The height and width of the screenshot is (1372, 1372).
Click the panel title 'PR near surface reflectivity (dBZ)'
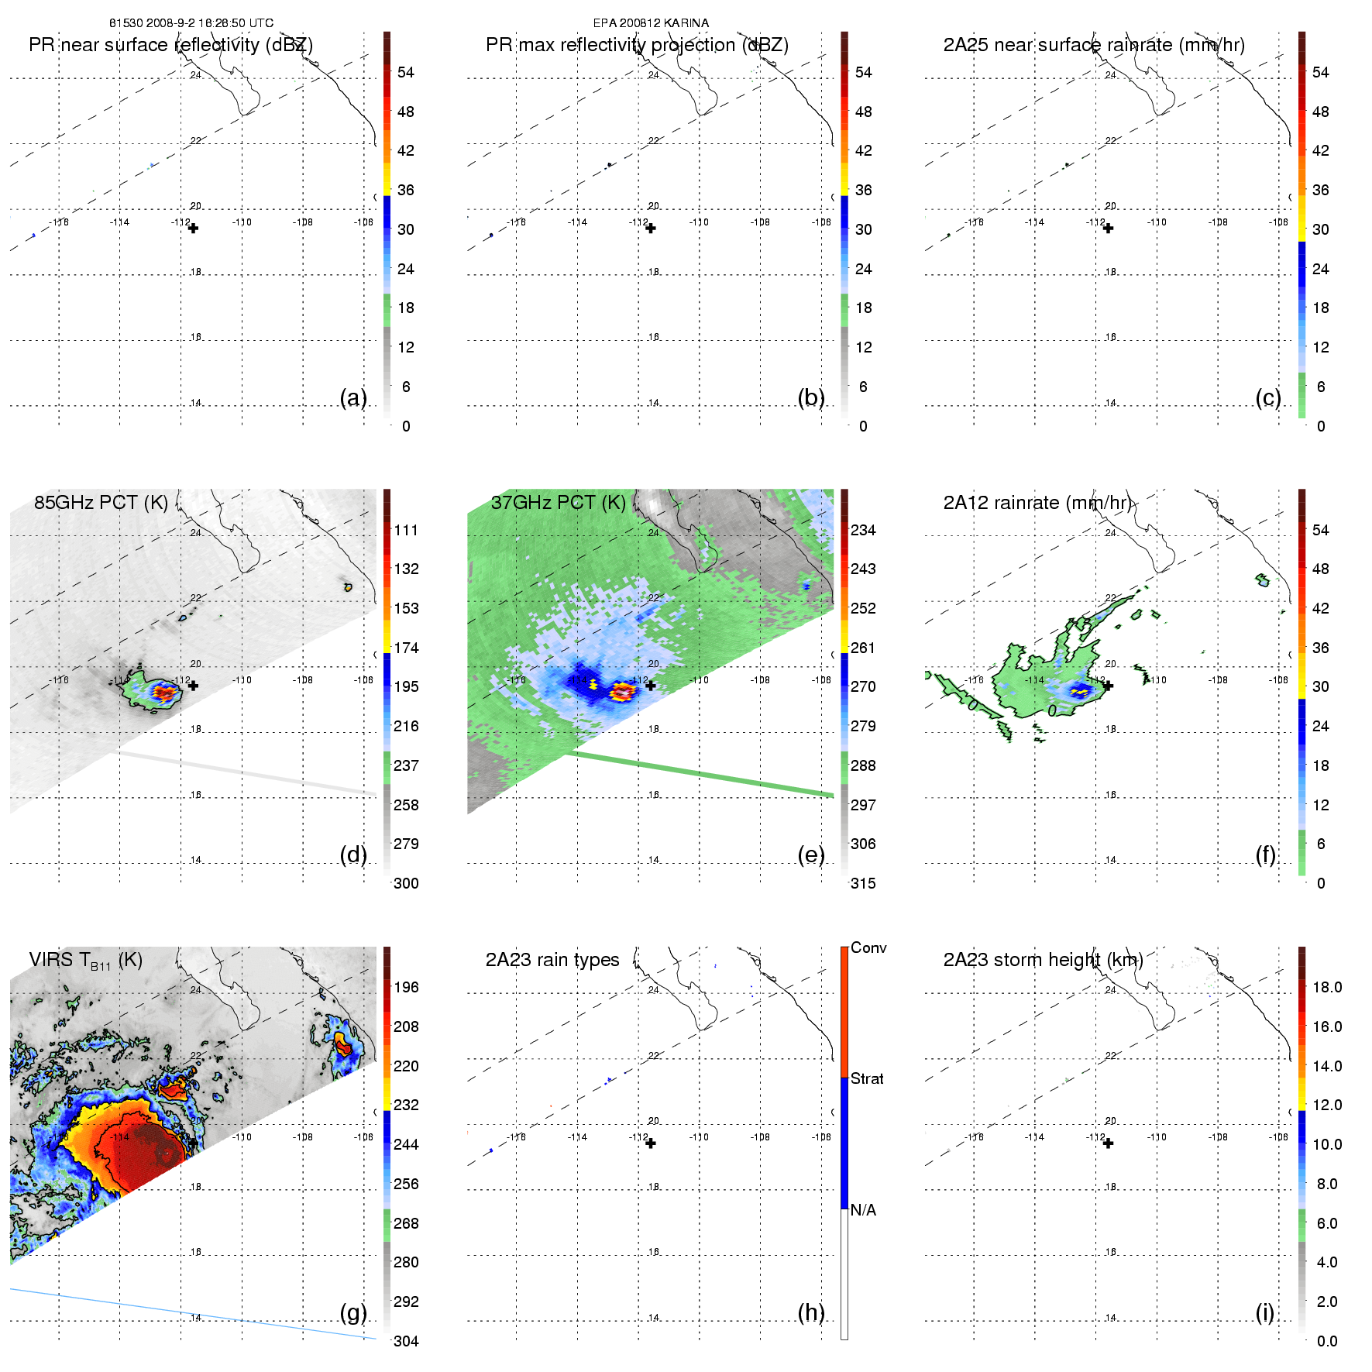click(170, 45)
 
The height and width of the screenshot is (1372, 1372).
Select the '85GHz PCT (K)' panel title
click(101, 502)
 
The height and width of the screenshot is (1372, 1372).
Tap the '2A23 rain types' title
click(552, 960)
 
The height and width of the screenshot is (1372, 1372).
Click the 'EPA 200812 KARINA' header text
click(651, 23)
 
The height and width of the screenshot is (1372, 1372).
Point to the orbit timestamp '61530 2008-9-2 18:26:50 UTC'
click(191, 23)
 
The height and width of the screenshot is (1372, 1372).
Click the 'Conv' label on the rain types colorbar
click(868, 947)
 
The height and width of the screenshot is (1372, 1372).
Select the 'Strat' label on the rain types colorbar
click(867, 1078)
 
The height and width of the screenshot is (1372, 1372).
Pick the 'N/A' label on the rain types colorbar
click(863, 1210)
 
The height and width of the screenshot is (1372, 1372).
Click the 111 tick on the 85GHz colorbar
click(406, 530)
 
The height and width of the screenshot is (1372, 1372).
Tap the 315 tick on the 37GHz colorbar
click(863, 883)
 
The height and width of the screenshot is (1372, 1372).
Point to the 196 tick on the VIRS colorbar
click(406, 987)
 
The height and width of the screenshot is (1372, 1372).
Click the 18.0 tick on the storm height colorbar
click(1326, 987)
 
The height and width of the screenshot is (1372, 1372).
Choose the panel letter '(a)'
click(353, 397)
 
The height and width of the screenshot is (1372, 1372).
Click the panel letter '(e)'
click(811, 854)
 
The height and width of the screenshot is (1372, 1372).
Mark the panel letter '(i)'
click(1264, 1312)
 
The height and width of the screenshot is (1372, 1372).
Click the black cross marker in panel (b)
click(651, 229)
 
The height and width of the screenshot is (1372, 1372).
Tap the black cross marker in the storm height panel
click(1108, 1143)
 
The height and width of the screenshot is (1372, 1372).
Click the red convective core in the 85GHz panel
click(163, 692)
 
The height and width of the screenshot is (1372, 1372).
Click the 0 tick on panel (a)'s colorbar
click(406, 426)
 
